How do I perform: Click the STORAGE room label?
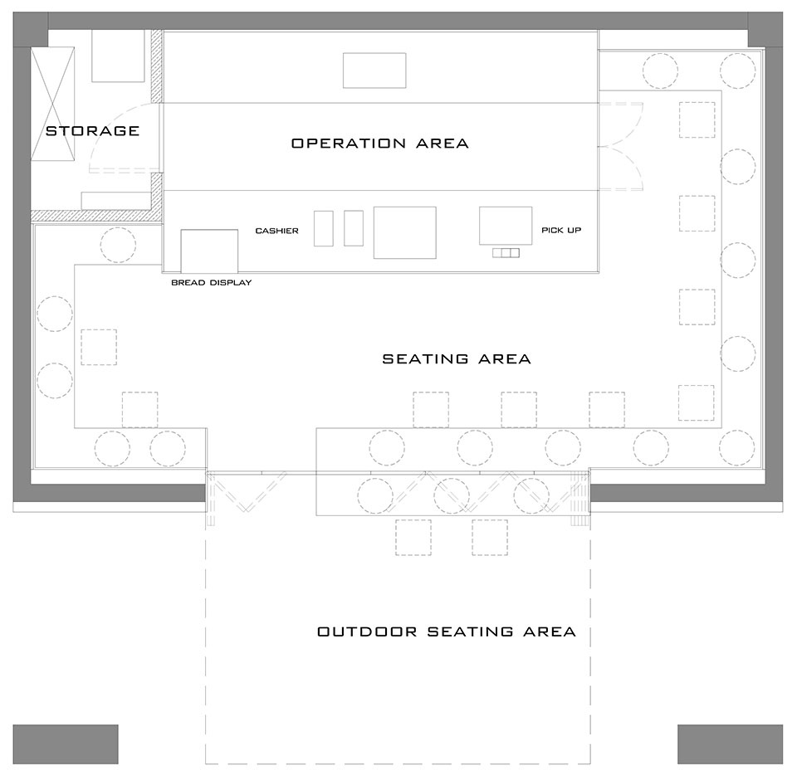(x=92, y=131)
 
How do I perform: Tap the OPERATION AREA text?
(x=379, y=144)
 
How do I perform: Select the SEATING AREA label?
(x=457, y=359)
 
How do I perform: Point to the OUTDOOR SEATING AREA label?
(x=447, y=631)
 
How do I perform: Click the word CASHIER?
(x=276, y=231)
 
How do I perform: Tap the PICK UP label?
(x=561, y=230)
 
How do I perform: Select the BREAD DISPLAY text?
(x=212, y=282)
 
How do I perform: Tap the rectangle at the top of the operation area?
(x=374, y=70)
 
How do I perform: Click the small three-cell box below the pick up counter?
(x=506, y=252)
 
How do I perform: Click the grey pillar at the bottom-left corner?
(x=66, y=744)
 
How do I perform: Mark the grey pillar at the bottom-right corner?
(x=731, y=744)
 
